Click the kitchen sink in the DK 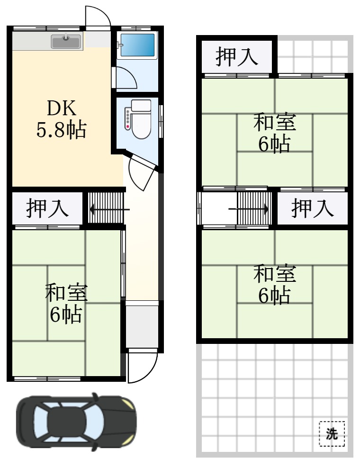pyautogui.click(x=66, y=42)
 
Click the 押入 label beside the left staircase pyautogui.click(x=47, y=209)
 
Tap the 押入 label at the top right pyautogui.click(x=237, y=56)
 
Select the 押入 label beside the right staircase pyautogui.click(x=312, y=209)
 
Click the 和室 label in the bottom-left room pyautogui.click(x=66, y=294)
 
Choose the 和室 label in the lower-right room pyautogui.click(x=275, y=274)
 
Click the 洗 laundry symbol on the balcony pyautogui.click(x=332, y=433)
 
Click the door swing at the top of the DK pyautogui.click(x=99, y=18)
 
